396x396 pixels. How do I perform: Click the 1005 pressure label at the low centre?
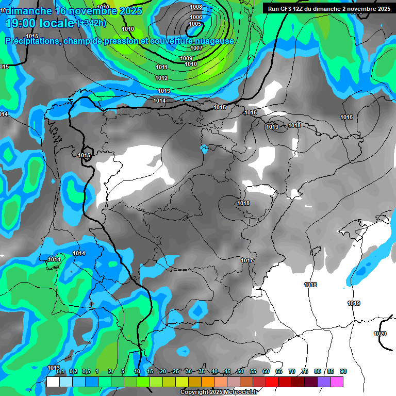tap(195, 24)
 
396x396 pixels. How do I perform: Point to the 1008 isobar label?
tap(196, 7)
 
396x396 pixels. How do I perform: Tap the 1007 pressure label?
tap(196, 48)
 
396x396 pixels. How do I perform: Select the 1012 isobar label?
tap(161, 78)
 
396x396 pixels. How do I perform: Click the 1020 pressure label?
tap(379, 334)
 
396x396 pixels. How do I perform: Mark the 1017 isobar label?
tap(247, 260)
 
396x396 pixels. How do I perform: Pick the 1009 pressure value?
tap(186, 58)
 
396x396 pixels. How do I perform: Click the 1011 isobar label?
tap(161, 68)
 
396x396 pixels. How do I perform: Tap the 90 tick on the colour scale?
tap(343, 371)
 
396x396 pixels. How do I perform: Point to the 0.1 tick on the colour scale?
tap(60, 371)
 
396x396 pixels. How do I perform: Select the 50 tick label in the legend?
tap(240, 371)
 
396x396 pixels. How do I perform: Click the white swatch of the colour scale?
tap(53, 382)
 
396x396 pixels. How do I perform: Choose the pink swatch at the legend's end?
tap(337, 382)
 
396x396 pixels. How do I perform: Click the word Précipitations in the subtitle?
tap(32, 41)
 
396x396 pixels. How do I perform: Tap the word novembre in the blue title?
tap(93, 10)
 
